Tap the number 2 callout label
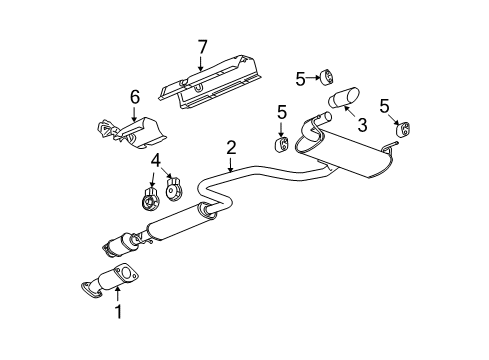pyautogui.click(x=231, y=147)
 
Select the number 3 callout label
pyautogui.click(x=363, y=124)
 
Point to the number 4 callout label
pyautogui.click(x=155, y=159)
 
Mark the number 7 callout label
pyautogui.click(x=201, y=46)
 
